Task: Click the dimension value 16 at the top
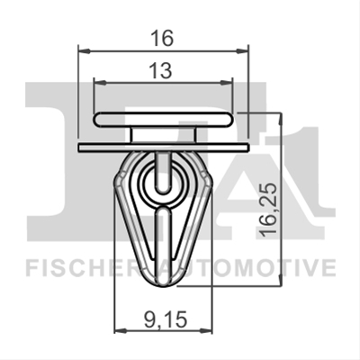coord(162,39)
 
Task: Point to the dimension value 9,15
coord(166,319)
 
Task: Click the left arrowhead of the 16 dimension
coord(84,51)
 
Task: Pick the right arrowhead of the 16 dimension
coord(242,51)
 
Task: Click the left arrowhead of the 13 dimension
coord(100,82)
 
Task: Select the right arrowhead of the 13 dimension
coord(227,82)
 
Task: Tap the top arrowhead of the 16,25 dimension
coord(280,119)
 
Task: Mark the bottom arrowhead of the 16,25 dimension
coord(280,280)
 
